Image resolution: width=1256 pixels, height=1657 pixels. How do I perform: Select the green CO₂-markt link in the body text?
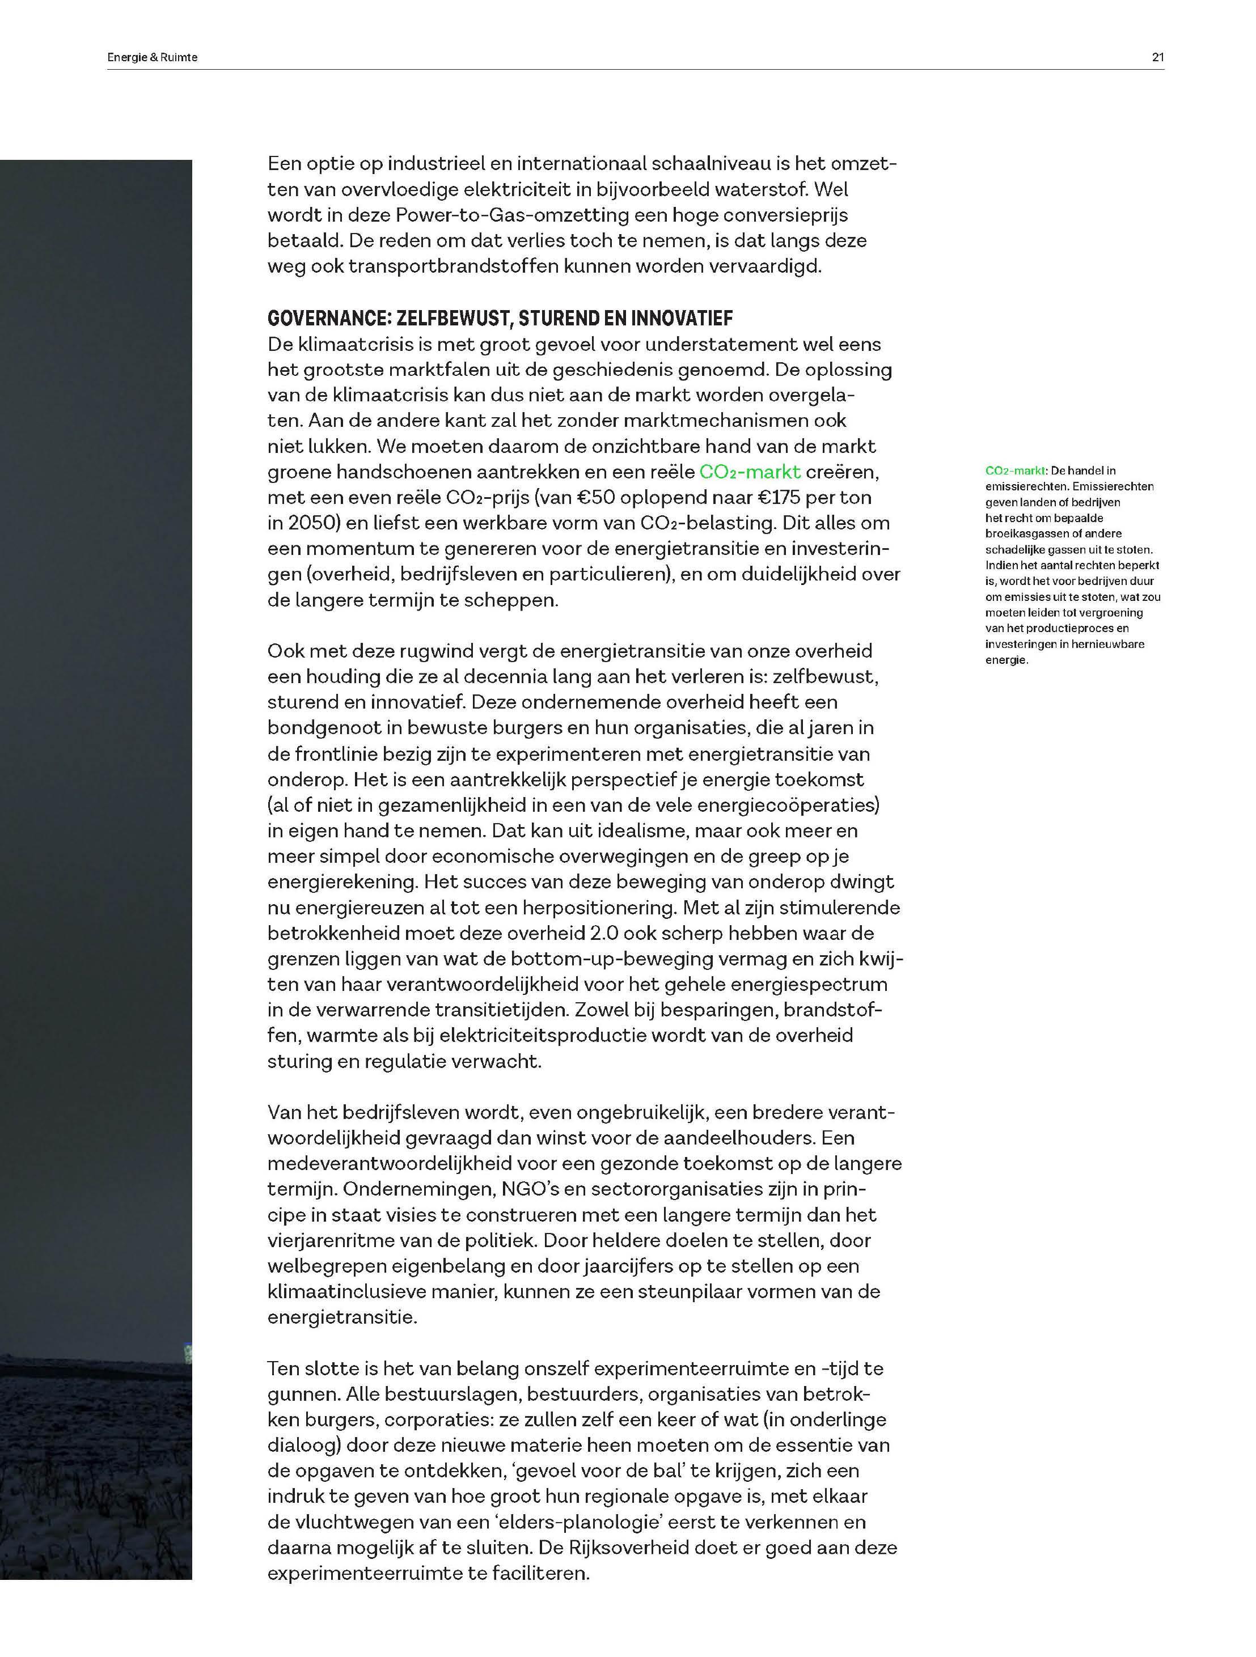click(x=750, y=472)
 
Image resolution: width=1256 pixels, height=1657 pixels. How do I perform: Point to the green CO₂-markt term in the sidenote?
click(x=1016, y=471)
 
